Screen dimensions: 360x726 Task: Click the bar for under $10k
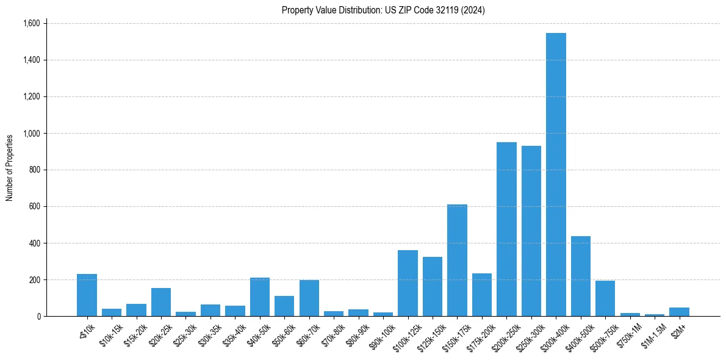(x=87, y=295)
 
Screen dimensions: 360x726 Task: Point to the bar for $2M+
(x=679, y=312)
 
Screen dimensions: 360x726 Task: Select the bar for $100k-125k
(x=408, y=283)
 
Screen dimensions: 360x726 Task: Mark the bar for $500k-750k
(x=605, y=298)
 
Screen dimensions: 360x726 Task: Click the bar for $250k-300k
(x=531, y=231)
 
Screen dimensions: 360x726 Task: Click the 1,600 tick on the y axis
(x=31, y=23)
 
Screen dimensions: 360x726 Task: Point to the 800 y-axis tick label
(x=34, y=170)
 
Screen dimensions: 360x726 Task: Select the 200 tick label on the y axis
(x=34, y=279)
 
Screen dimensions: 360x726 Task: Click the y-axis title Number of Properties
(x=10, y=168)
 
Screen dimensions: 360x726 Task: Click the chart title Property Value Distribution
(x=383, y=10)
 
